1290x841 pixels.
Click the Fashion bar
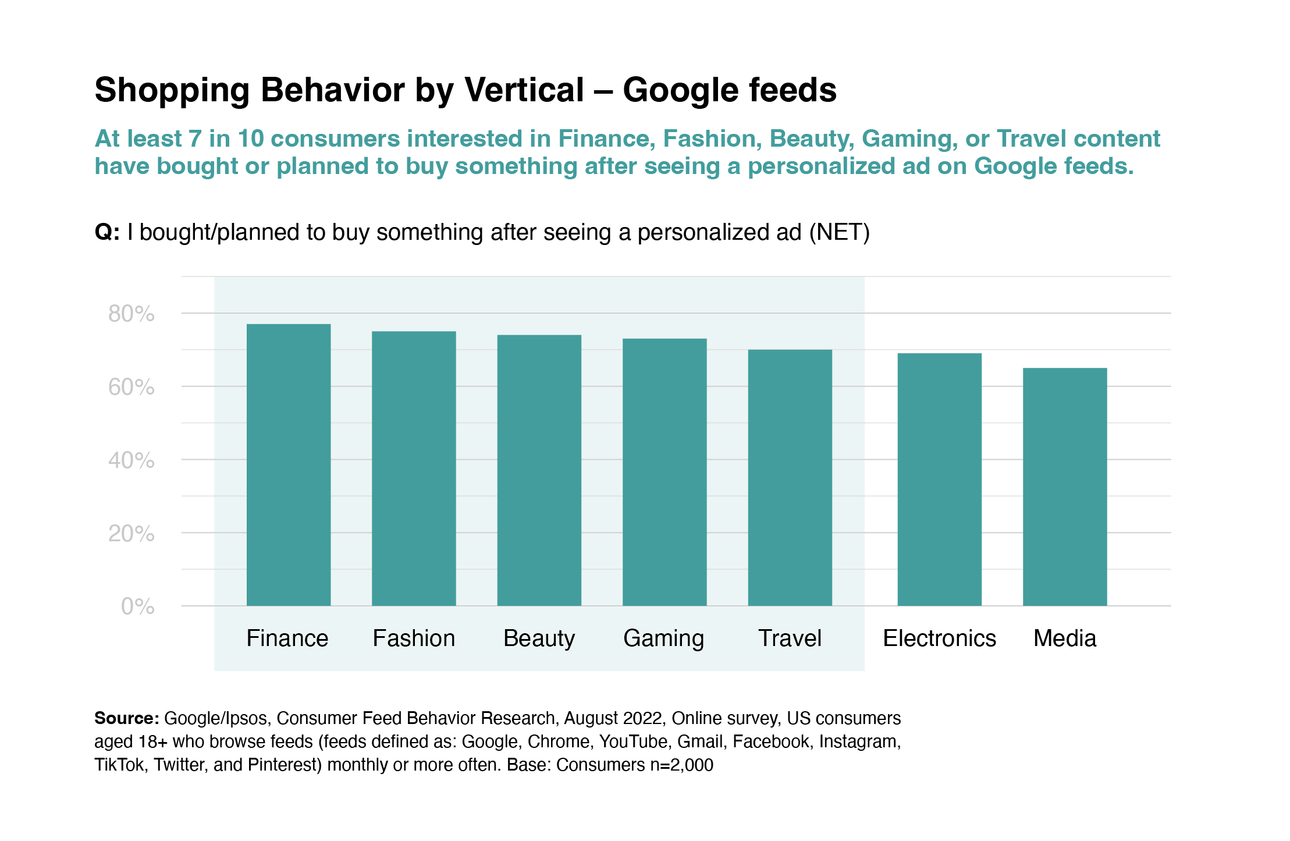click(414, 468)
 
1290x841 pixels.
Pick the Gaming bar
click(664, 472)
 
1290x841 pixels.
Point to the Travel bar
click(790, 477)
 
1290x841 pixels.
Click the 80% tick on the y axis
click(132, 314)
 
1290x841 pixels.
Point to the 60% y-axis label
click(132, 387)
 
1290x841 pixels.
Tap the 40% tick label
click(132, 460)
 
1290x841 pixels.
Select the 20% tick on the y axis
click(132, 534)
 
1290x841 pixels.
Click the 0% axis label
click(138, 606)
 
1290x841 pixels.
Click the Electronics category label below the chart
click(939, 638)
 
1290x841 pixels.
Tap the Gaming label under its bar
click(663, 638)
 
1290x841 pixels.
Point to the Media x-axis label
click(1065, 638)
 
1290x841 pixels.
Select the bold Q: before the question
click(107, 232)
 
